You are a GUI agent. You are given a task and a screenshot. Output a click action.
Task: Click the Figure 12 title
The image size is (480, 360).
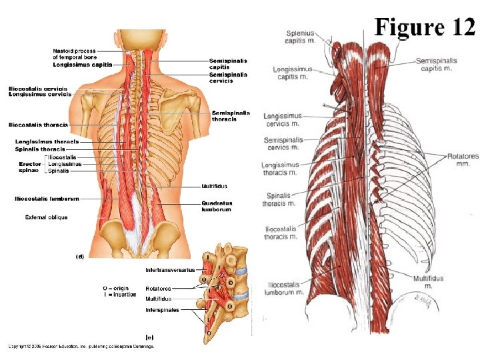click(425, 27)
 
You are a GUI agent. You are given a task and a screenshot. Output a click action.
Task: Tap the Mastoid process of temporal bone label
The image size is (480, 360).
click(74, 54)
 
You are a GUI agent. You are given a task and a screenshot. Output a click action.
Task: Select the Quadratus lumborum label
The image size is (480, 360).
click(217, 206)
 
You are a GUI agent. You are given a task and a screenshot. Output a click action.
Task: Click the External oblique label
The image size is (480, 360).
click(46, 217)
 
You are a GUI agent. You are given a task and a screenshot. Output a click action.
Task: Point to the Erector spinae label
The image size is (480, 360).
click(31, 167)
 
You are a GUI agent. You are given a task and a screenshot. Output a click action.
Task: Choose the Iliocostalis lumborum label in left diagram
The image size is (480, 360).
click(47, 199)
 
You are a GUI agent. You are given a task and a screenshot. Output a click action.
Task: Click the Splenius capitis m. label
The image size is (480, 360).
click(301, 37)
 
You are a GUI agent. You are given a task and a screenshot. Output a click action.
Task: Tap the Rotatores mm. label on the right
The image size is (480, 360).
click(463, 159)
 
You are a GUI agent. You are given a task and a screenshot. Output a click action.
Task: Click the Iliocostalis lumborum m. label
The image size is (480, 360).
click(283, 288)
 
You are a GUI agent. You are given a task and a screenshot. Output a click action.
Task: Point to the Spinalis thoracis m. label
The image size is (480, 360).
click(278, 199)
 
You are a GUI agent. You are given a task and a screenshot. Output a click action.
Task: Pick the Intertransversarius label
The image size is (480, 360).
click(170, 270)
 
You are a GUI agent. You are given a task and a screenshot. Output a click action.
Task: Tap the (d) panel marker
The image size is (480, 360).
click(79, 256)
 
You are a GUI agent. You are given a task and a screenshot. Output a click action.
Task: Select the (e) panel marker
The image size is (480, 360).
click(150, 335)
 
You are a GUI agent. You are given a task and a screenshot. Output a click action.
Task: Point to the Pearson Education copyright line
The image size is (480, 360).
click(81, 346)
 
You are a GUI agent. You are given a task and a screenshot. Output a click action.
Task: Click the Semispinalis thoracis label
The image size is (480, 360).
click(231, 116)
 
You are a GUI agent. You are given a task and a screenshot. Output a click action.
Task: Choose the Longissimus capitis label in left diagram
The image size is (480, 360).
click(83, 65)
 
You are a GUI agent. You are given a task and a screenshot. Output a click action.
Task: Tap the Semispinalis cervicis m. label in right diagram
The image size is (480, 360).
click(283, 143)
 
